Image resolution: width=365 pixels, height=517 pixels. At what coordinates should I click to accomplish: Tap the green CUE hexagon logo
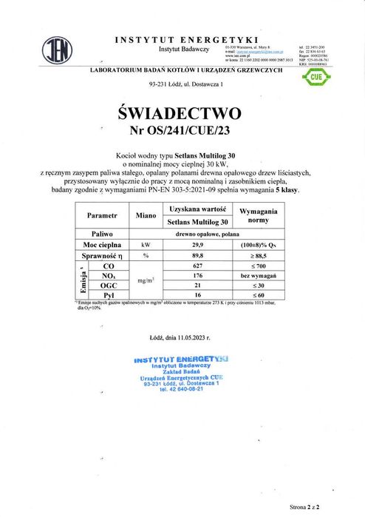(x=315, y=77)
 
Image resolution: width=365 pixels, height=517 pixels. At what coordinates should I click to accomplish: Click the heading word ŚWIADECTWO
(x=180, y=114)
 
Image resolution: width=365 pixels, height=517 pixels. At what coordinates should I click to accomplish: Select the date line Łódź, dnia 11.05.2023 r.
(x=180, y=337)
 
